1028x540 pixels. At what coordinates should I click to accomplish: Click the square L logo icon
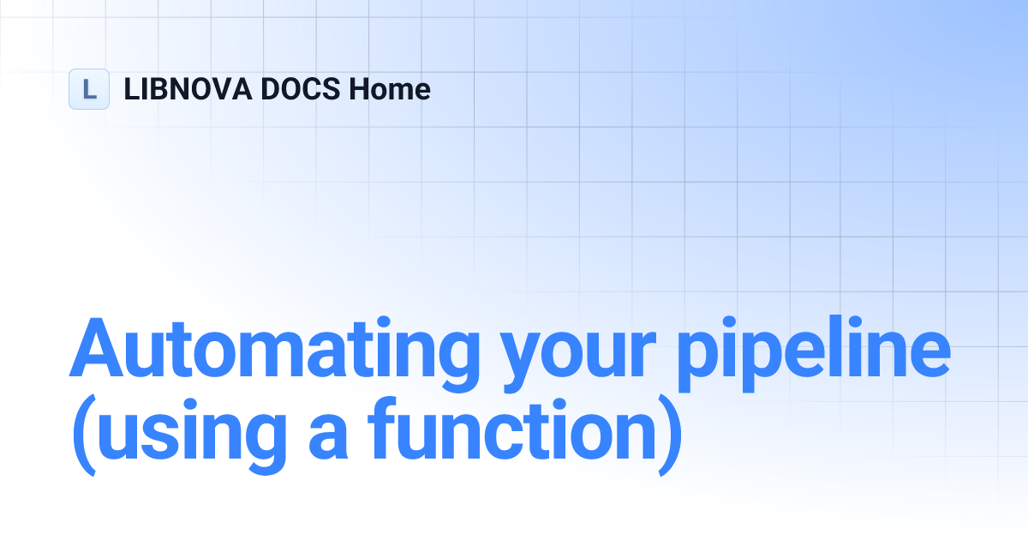89,89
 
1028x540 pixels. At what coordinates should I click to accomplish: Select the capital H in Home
360,89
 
